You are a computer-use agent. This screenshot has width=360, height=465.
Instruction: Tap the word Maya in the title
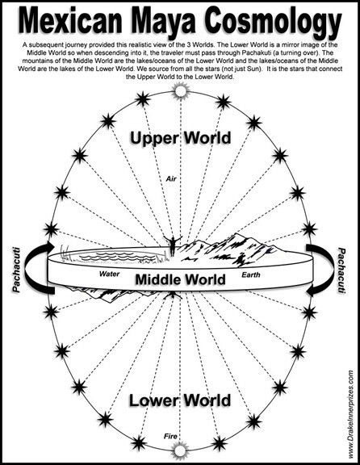point(162,22)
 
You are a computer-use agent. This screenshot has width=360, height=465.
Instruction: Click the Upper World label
point(180,139)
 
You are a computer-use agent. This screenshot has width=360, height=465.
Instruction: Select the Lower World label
point(180,400)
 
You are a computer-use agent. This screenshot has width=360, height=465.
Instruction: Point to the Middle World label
point(180,279)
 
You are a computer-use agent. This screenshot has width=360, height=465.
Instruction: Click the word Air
point(171,179)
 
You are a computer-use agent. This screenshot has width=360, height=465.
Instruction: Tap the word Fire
point(170,436)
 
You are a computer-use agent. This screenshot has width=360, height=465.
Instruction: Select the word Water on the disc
point(110,274)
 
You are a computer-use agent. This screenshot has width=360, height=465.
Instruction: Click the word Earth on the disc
point(251,275)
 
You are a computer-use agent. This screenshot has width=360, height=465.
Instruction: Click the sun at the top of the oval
point(180,91)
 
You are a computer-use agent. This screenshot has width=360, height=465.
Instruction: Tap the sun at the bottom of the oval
point(180,450)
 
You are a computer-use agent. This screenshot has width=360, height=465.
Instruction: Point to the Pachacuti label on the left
point(17,270)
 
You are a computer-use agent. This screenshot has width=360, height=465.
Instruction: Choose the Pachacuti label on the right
point(342,270)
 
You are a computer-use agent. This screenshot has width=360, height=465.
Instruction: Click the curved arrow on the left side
point(28,268)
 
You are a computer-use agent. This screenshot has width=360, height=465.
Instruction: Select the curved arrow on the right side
point(331,270)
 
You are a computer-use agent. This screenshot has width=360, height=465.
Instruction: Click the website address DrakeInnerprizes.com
point(351,415)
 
